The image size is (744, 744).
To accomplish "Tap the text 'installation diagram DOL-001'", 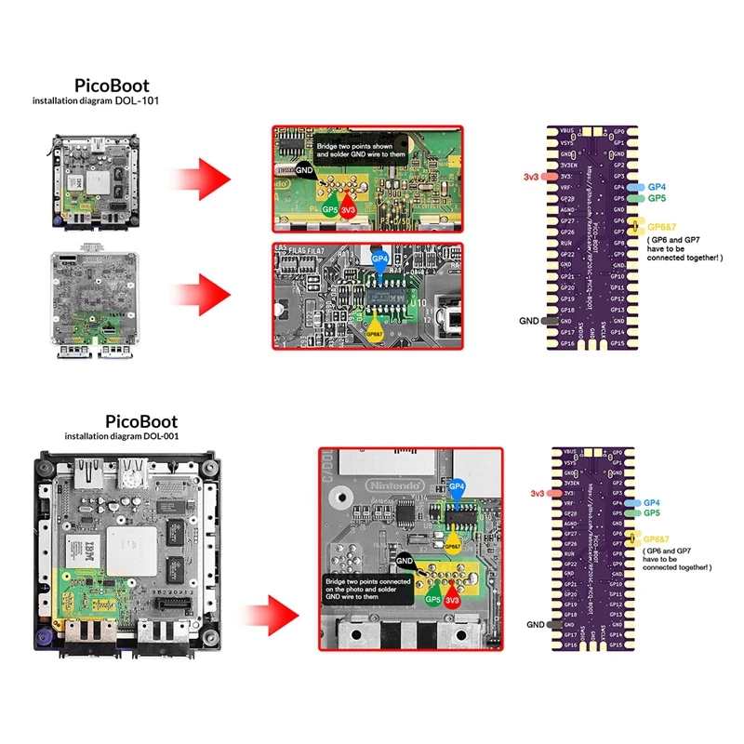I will (x=121, y=435).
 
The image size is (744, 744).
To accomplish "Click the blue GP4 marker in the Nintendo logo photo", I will (x=456, y=487).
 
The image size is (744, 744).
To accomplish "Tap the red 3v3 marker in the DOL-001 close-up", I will (x=453, y=600).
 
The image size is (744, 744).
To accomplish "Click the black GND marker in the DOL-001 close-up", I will (x=405, y=562).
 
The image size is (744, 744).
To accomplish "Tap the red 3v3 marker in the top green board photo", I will (x=349, y=210).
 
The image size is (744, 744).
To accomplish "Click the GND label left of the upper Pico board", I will (x=529, y=321).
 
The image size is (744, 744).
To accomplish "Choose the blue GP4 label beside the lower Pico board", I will (x=651, y=502).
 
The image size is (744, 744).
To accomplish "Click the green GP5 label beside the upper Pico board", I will (x=657, y=198).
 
